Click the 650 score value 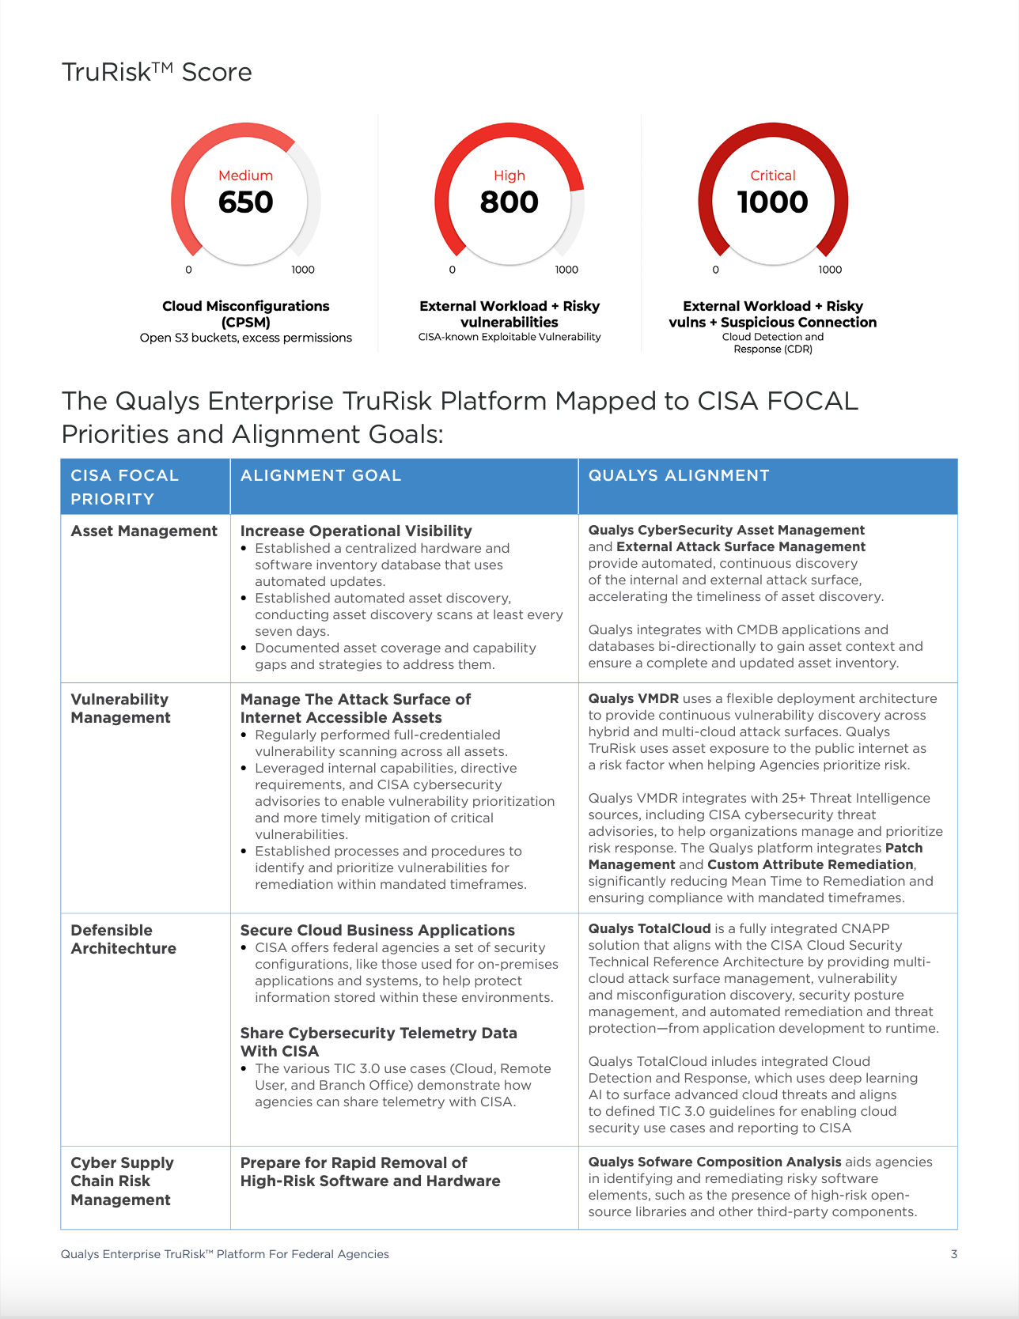pos(245,202)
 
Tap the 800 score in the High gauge pos(509,202)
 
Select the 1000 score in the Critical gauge pos(772,202)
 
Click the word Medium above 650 pos(245,176)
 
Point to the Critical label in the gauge pos(772,176)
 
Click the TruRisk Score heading pos(157,72)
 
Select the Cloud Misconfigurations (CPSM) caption pos(245,314)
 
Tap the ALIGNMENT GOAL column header pos(320,475)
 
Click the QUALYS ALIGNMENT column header pos(678,475)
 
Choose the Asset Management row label pos(144,531)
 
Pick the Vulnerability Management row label pos(120,709)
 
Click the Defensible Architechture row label pos(123,939)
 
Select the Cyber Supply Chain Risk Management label pos(122,1181)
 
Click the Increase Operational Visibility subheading pos(356,531)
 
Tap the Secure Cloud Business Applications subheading pos(377,931)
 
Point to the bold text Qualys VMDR pos(633,699)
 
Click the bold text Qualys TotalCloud pos(649,929)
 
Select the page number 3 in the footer pos(953,1254)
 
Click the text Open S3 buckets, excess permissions pos(245,338)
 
